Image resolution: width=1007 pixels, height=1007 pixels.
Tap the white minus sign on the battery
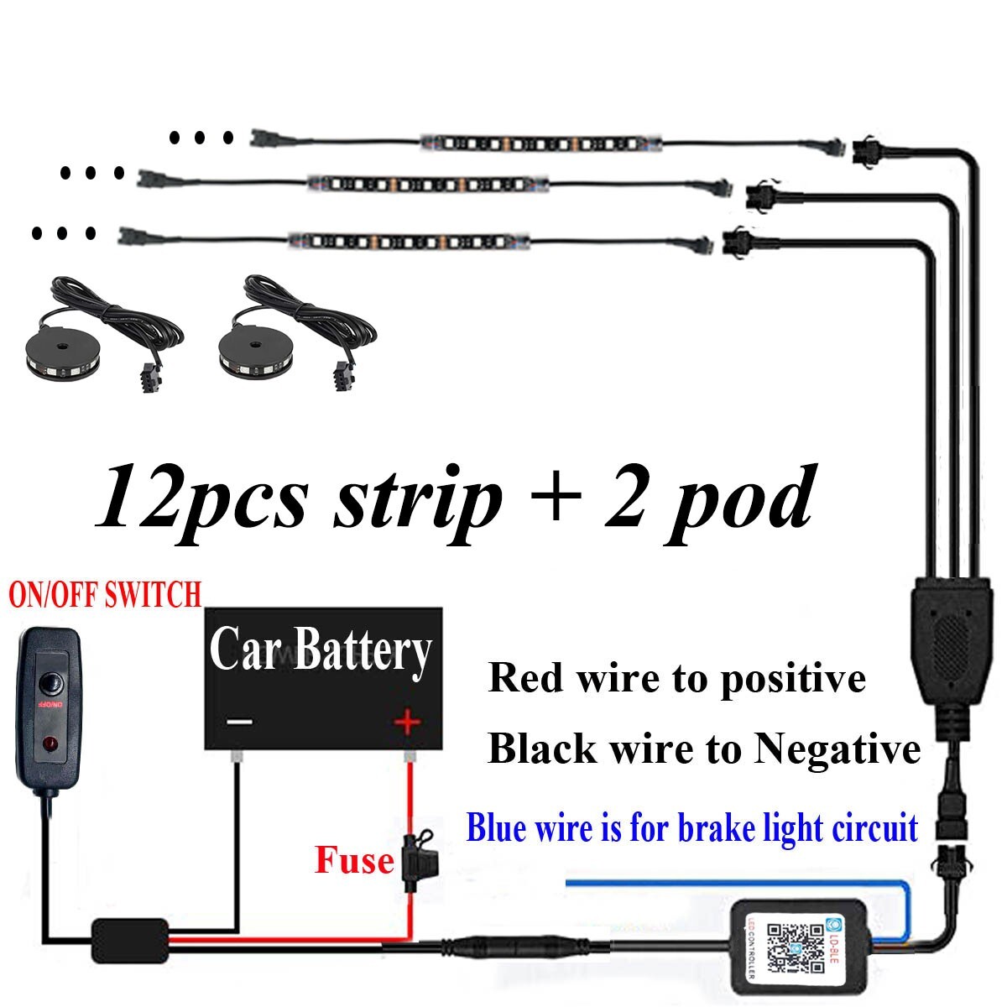point(239,721)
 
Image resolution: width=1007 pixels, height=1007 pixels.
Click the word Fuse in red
point(354,860)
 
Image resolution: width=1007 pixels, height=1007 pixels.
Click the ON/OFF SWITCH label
point(105,595)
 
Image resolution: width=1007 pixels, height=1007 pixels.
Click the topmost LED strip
point(541,143)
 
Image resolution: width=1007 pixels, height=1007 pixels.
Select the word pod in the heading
point(738,499)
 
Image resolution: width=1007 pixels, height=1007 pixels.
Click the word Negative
point(836,749)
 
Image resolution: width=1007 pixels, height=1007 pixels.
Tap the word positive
point(793,678)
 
